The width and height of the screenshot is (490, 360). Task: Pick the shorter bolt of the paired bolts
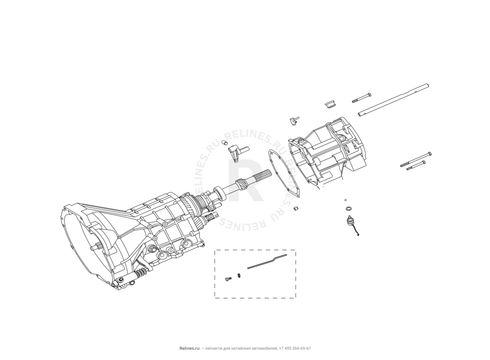coord(416,166)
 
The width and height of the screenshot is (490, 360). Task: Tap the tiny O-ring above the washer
coord(345,200)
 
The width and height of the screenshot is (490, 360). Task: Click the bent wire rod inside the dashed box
coord(267,262)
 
